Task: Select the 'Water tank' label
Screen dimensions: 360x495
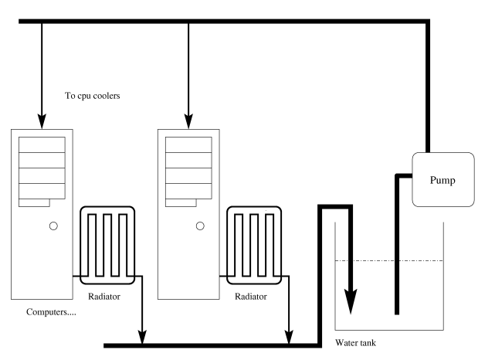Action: click(358, 342)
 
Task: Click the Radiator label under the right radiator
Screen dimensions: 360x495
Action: click(253, 296)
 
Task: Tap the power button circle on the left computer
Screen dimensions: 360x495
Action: click(53, 226)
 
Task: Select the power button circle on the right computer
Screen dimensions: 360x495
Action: click(200, 226)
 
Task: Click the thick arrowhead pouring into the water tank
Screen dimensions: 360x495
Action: click(350, 302)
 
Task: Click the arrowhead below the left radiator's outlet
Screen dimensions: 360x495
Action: click(142, 335)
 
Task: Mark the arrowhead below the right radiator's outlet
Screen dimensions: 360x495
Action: click(289, 335)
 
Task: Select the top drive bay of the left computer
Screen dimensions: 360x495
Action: click(42, 144)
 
